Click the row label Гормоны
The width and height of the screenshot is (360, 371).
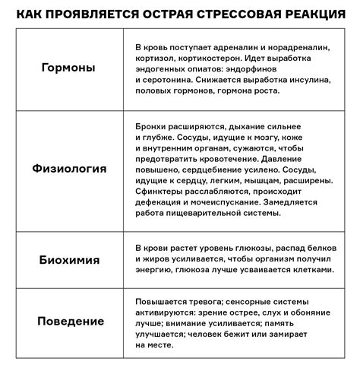coord(68,68)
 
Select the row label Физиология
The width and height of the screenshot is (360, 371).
coord(68,168)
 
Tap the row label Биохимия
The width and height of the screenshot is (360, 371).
coord(68,258)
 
